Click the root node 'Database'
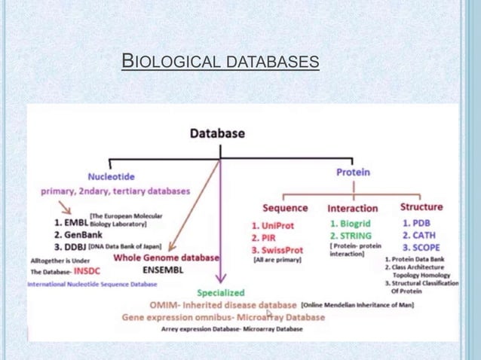pos(217,133)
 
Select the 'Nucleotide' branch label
pos(112,177)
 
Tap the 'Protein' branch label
pos(353,172)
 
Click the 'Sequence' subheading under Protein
pos(285,207)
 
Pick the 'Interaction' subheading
pos(353,207)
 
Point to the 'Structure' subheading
pos(421,206)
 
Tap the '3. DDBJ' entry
pos(70,246)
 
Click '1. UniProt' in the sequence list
pos(273,225)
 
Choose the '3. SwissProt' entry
pos(277,249)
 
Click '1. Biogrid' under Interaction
pos(351,224)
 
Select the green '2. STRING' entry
pos(350,235)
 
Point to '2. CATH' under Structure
pos(418,235)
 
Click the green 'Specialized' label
pos(221,292)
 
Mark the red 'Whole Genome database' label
pos(167,257)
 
